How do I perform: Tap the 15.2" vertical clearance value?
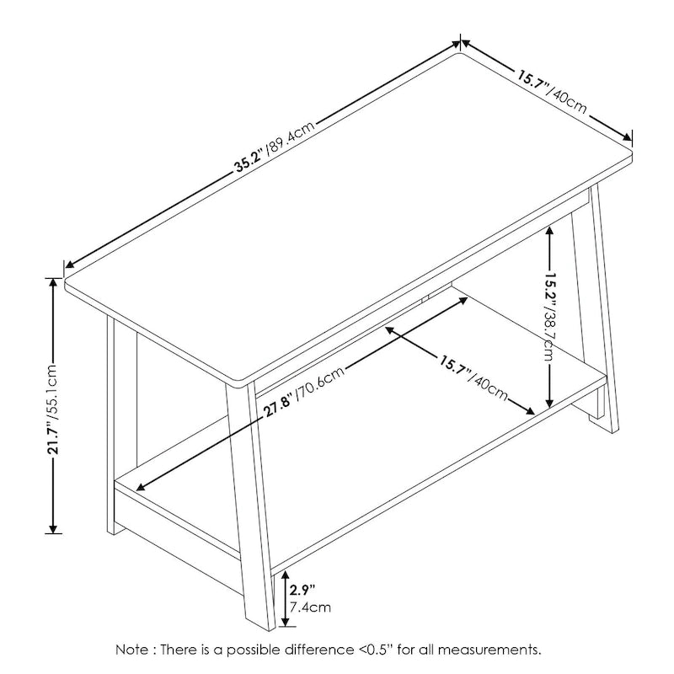[x=551, y=288]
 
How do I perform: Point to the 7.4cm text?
[x=310, y=607]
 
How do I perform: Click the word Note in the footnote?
[x=131, y=649]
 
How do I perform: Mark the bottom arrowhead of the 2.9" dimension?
[x=285, y=621]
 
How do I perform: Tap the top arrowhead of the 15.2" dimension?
[x=549, y=232]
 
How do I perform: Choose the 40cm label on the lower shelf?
[x=489, y=388]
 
